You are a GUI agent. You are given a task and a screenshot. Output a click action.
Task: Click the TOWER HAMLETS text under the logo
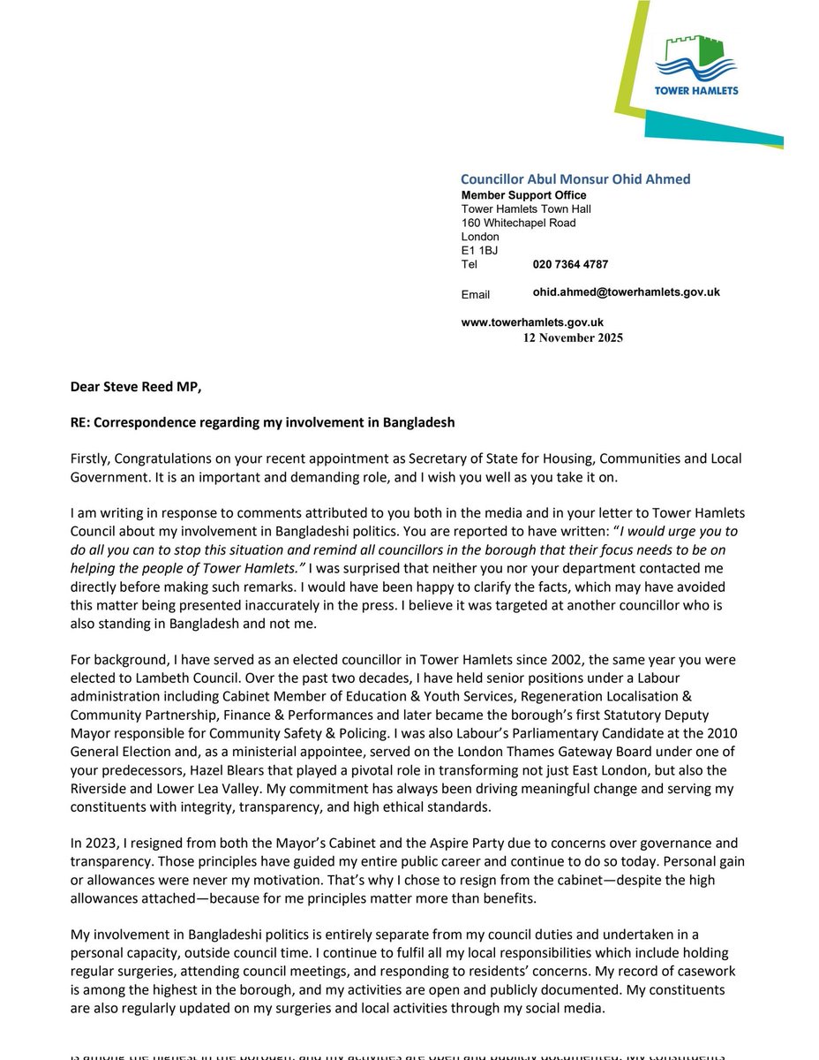pyautogui.click(x=696, y=90)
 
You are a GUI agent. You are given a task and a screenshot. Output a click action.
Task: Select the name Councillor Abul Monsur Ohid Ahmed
pyautogui.click(x=575, y=179)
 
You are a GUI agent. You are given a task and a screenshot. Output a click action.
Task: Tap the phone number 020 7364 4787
pyautogui.click(x=570, y=264)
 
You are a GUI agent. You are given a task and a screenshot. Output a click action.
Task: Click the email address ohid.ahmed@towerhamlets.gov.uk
pyautogui.click(x=626, y=291)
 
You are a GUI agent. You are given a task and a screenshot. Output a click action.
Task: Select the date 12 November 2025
pyautogui.click(x=573, y=337)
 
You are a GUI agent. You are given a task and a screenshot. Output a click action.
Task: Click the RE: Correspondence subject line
pyautogui.click(x=263, y=422)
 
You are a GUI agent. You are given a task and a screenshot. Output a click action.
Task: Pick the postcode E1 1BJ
pyautogui.click(x=480, y=250)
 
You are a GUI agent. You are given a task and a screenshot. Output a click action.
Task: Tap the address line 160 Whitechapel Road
pyautogui.click(x=518, y=223)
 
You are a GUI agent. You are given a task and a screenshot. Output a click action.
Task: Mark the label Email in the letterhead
pyautogui.click(x=476, y=294)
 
